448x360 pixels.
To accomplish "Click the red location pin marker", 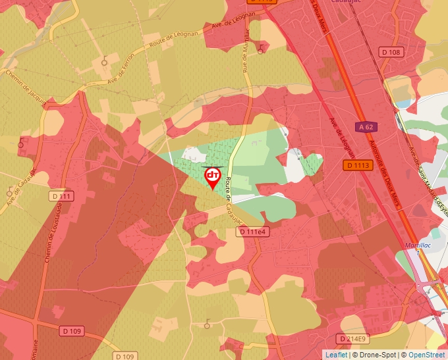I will (212, 177).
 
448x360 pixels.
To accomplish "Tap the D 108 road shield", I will (391, 52).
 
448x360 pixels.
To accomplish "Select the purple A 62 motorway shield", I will (366, 126).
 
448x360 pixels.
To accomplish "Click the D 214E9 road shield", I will (352, 338).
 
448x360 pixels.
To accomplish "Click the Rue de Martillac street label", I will (246, 51).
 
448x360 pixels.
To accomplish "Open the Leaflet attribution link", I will (336, 355).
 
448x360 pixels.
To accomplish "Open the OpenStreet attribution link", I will (426, 355).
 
